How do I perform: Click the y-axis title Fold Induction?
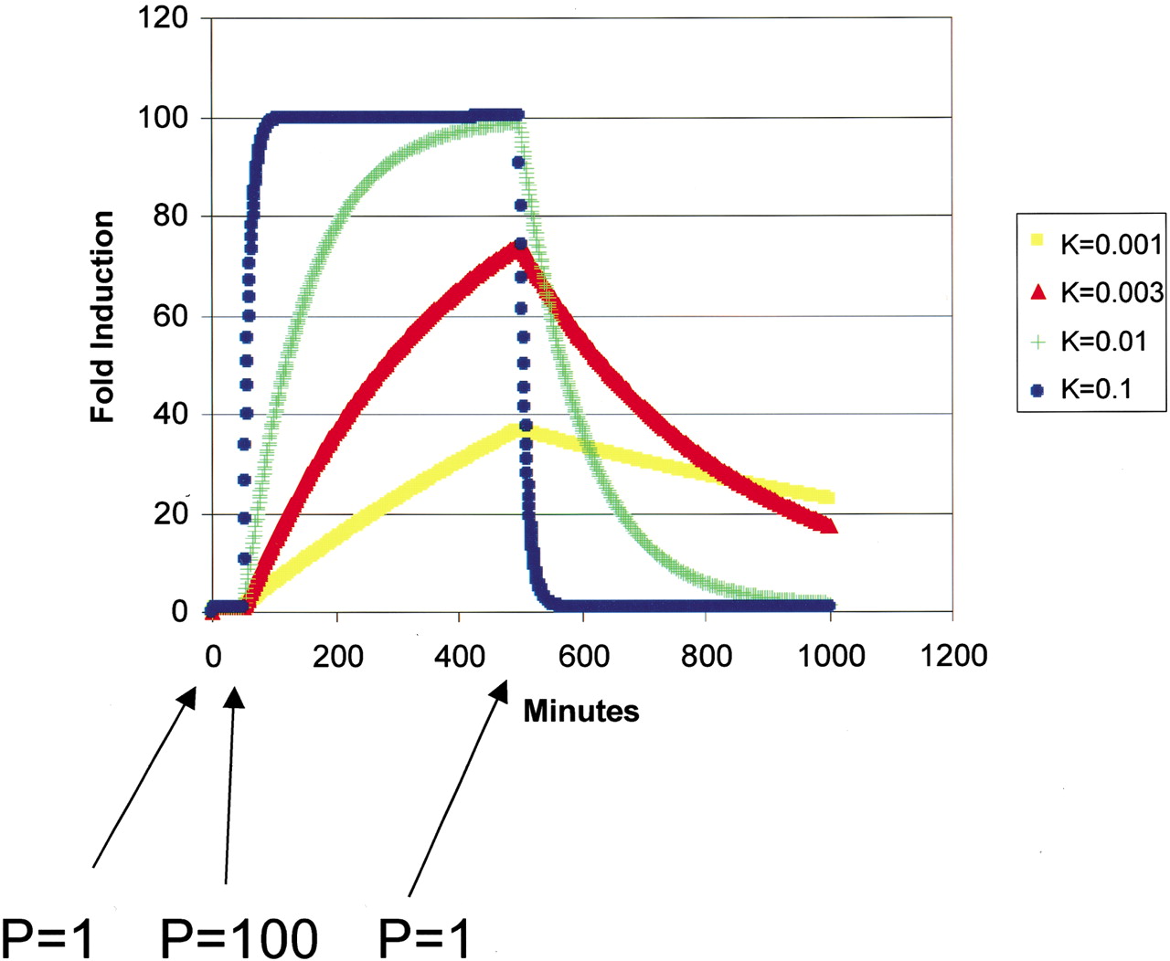click(x=102, y=316)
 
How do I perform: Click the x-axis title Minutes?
click(x=580, y=711)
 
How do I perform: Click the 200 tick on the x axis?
click(x=337, y=655)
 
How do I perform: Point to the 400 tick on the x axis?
click(x=460, y=655)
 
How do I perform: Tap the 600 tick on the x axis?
click(x=583, y=655)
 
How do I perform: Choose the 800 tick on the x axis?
click(x=707, y=655)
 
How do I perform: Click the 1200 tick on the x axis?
click(x=952, y=655)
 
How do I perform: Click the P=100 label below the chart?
click(x=239, y=936)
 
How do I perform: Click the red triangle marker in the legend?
click(x=1037, y=292)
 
